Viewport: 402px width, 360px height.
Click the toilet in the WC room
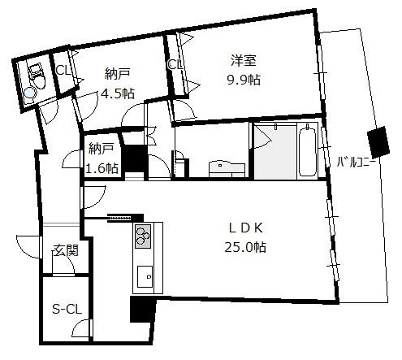pyautogui.click(x=37, y=76)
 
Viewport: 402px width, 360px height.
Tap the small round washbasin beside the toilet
pyautogui.click(x=29, y=94)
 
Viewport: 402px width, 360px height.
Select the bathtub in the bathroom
pyautogui.click(x=308, y=150)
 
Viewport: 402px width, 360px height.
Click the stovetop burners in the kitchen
pyautogui.click(x=143, y=236)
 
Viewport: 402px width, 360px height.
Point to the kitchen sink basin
pyautogui.click(x=145, y=276)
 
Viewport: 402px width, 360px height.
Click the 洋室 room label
pyautogui.click(x=244, y=60)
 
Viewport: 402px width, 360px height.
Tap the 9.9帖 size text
pyautogui.click(x=244, y=80)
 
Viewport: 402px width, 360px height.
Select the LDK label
pyautogui.click(x=246, y=228)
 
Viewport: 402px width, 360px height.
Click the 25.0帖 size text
pyautogui.click(x=245, y=247)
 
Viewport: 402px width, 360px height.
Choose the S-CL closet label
pyautogui.click(x=67, y=310)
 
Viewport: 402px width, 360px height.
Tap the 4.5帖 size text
pyautogui.click(x=118, y=93)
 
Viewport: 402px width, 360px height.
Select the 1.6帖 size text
pyautogui.click(x=102, y=168)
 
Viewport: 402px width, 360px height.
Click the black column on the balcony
pyautogui.click(x=378, y=142)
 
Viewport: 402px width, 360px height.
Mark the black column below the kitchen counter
pyautogui.click(x=143, y=309)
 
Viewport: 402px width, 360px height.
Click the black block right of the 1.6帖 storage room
pyautogui.click(x=134, y=159)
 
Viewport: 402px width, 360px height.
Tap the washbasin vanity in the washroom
pyautogui.click(x=227, y=169)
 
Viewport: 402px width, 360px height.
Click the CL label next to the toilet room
pyautogui.click(x=63, y=71)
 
